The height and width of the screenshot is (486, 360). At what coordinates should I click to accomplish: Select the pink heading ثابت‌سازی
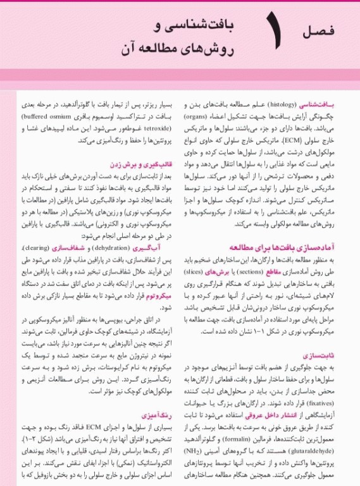tap(330, 357)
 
